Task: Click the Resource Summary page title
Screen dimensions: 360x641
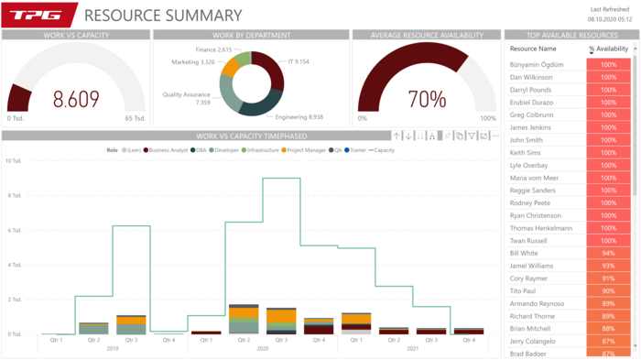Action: (x=163, y=16)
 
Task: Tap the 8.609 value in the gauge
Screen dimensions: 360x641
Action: (x=76, y=99)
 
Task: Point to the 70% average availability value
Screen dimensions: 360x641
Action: (x=427, y=99)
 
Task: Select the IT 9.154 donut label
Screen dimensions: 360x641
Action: (x=298, y=61)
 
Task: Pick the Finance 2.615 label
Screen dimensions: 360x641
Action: (x=212, y=49)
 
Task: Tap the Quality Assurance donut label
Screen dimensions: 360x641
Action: (x=187, y=98)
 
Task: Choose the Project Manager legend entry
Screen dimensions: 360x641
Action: (x=305, y=148)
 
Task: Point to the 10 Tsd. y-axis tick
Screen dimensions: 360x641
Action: (x=13, y=160)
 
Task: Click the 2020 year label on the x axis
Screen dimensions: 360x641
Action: (x=262, y=348)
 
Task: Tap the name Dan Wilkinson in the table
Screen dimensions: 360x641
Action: (x=533, y=78)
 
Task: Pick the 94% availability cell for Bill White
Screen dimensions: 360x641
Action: (x=607, y=253)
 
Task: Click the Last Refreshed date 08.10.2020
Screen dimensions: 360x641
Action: (x=610, y=18)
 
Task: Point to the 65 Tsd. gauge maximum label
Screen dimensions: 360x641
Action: (x=135, y=118)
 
